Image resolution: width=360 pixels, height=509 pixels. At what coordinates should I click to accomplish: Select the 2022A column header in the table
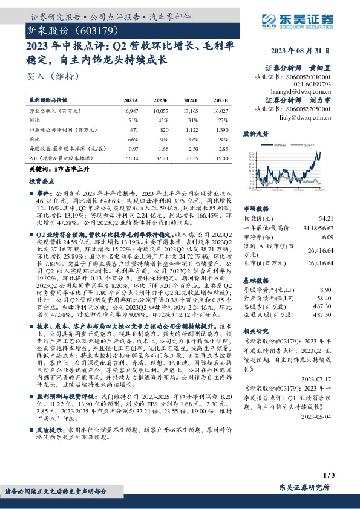[131, 100]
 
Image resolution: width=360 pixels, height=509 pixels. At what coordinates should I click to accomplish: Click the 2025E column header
[221, 100]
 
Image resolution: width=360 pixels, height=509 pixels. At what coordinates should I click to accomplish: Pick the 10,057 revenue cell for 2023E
[160, 112]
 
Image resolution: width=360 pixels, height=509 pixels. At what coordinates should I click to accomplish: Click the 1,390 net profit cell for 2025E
[221, 129]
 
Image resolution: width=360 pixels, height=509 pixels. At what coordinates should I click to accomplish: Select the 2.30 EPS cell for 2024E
[191, 148]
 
